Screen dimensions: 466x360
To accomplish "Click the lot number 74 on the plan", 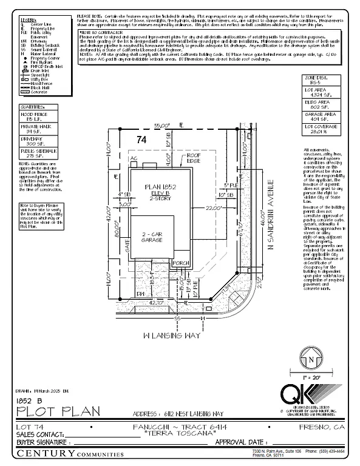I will click(x=142, y=139).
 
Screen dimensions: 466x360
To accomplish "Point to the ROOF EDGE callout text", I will click(x=193, y=157).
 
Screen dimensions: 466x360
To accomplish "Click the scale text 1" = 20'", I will click(x=311, y=376).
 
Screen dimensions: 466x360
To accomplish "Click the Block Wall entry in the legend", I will click(x=31, y=87).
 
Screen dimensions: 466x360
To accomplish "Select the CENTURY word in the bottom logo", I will click(x=38, y=453).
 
